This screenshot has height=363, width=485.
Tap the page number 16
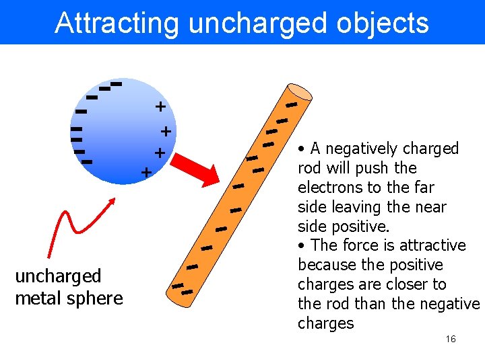(x=451, y=339)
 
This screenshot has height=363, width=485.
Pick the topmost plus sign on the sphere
(x=160, y=106)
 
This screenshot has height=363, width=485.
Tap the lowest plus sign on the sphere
(x=145, y=173)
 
